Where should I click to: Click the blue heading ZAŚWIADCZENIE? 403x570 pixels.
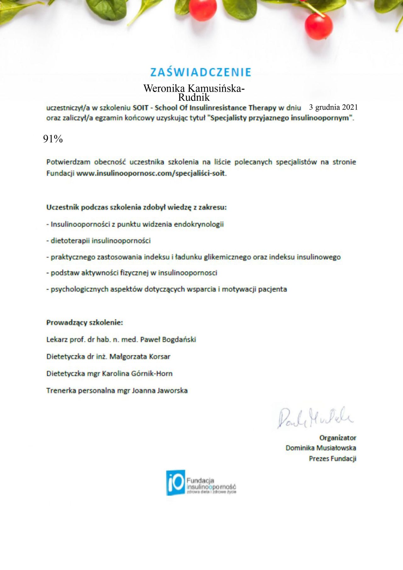201,72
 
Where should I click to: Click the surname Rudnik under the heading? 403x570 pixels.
194,97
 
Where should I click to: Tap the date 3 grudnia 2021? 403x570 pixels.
333,107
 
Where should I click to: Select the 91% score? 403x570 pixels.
53,139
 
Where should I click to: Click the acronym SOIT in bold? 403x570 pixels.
140,108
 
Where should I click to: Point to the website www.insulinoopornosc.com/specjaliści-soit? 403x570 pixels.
151,173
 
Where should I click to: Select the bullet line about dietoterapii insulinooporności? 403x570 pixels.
99,241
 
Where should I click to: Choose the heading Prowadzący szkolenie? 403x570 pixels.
85,322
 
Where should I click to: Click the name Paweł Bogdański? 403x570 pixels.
168,339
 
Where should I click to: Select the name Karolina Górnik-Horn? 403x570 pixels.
137,373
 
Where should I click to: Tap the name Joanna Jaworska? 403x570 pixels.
160,390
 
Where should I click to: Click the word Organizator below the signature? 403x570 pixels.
338,438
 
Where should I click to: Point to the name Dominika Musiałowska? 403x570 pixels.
321,448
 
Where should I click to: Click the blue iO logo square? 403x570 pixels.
175,483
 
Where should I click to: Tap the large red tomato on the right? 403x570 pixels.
318,26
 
